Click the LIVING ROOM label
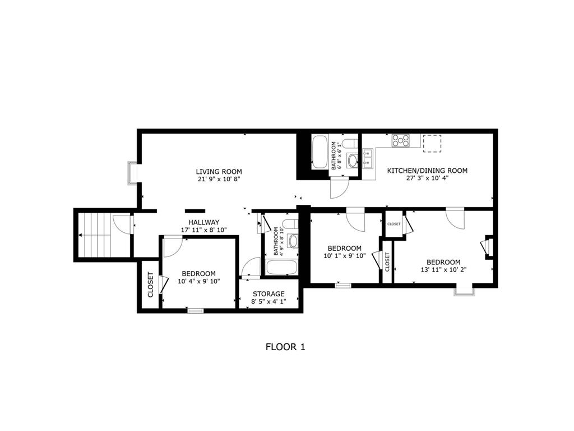(219, 172)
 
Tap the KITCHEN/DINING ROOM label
(427, 171)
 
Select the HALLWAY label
(204, 222)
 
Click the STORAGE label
(269, 294)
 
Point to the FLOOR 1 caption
(285, 347)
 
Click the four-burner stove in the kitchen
(401, 141)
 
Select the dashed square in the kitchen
(432, 143)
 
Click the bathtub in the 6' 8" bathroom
(320, 152)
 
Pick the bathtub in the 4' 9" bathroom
(281, 267)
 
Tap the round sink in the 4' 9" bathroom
(293, 241)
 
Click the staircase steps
(94, 235)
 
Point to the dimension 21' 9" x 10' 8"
(219, 179)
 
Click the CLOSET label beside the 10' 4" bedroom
(150, 285)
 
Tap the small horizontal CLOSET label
(394, 224)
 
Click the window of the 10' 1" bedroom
(343, 286)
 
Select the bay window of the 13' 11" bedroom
(464, 291)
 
